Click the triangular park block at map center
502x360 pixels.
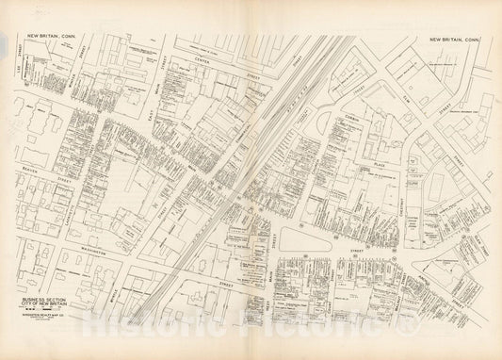(x=306, y=243)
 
